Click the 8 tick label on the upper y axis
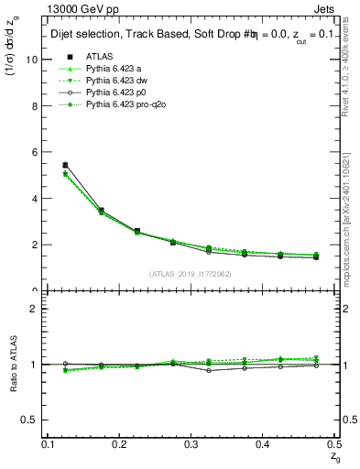coord(35,106)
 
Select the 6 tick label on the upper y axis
coord(35,152)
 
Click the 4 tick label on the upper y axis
coord(35,199)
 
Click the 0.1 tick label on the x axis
coord(50,444)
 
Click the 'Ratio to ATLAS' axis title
coord(13,366)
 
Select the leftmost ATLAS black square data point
coord(65,165)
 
